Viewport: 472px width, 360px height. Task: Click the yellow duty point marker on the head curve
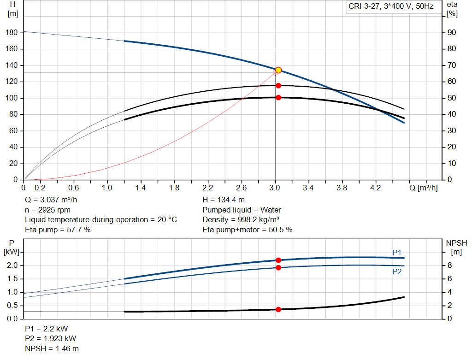click(278, 70)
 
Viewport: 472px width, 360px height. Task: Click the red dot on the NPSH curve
click(278, 309)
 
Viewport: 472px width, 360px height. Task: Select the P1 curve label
click(397, 252)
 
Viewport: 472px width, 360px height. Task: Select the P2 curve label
click(397, 271)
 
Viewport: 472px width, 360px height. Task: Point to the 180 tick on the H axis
click(13, 33)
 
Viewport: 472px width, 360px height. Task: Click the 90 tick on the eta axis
click(452, 33)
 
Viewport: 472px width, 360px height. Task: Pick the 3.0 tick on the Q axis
click(275, 188)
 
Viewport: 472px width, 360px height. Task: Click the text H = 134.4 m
click(224, 201)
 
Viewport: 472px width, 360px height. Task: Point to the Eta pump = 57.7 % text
click(58, 230)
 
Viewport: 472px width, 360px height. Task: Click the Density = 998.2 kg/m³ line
click(241, 220)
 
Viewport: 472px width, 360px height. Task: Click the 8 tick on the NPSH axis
click(452, 266)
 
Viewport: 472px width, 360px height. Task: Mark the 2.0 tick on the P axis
click(12, 266)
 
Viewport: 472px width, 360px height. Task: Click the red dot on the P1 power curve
click(278, 260)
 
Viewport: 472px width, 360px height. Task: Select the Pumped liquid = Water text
click(242, 210)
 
